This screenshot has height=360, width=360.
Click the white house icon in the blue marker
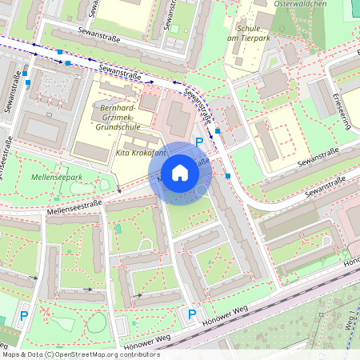(x=180, y=173)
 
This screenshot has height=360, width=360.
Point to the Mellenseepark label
(x=57, y=176)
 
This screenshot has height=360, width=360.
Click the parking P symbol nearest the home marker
(x=199, y=142)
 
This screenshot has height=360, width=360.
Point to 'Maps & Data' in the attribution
(x=20, y=354)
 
